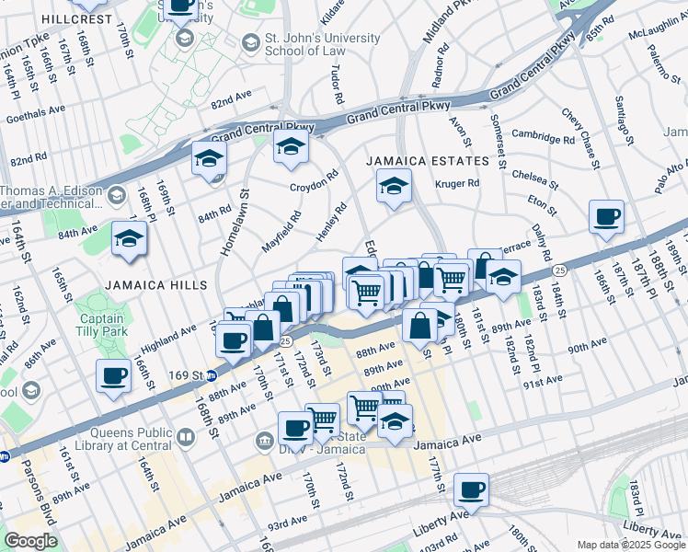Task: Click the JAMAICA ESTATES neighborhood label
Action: pyautogui.click(x=428, y=161)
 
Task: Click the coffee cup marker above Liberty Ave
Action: pyautogui.click(x=471, y=490)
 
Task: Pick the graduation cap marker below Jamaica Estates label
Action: pyautogui.click(x=393, y=187)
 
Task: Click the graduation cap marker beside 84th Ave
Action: pyautogui.click(x=129, y=240)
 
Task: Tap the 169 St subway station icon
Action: pyautogui.click(x=211, y=375)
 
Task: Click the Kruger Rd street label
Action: pyautogui.click(x=460, y=183)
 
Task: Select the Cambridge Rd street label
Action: pyautogui.click(x=543, y=137)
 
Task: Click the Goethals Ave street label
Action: pyautogui.click(x=38, y=109)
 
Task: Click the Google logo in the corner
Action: pyautogui.click(x=30, y=541)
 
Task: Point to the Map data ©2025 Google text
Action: pyautogui.click(x=630, y=545)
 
